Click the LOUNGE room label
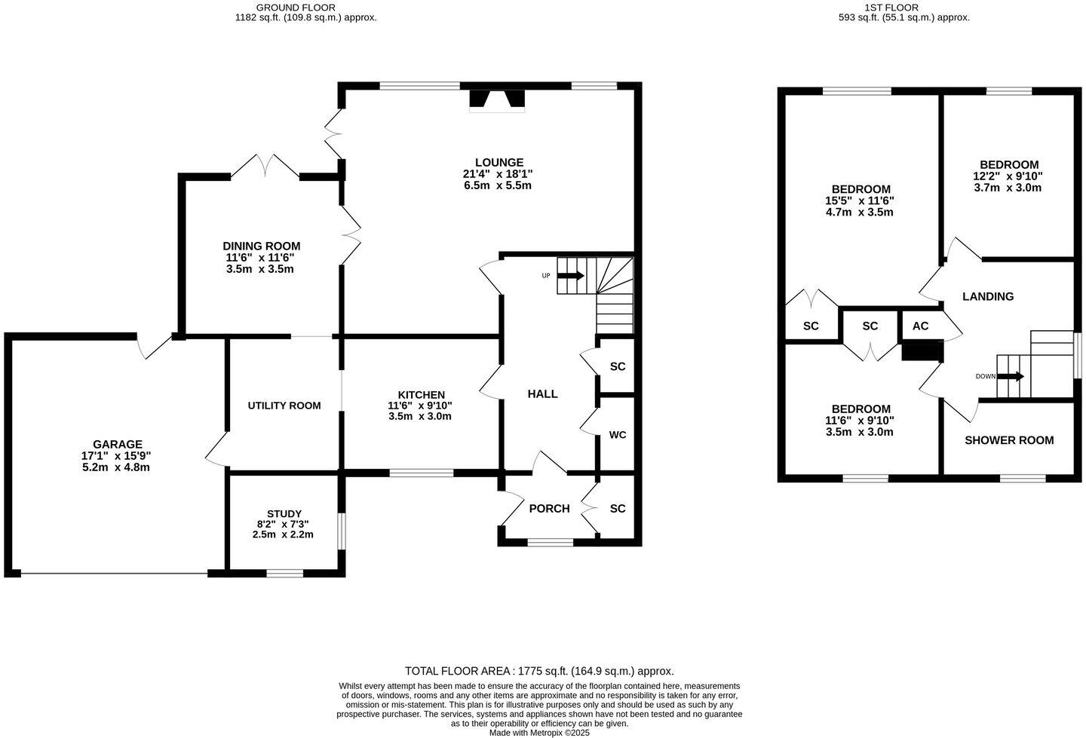click(499, 162)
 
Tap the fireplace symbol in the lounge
click(497, 100)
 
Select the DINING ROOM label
click(261, 246)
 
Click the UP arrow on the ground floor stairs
click(570, 276)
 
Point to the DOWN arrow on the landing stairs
click(1011, 376)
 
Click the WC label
click(618, 435)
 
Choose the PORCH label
click(549, 509)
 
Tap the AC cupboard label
click(920, 326)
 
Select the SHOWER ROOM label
click(1009, 440)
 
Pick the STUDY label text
click(284, 514)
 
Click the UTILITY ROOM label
click(284, 406)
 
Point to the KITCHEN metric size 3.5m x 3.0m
click(420, 416)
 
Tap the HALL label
click(542, 393)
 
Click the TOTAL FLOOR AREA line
click(539, 671)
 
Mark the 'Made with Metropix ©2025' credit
click(539, 732)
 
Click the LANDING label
click(988, 296)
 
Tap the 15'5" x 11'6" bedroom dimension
click(860, 201)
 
